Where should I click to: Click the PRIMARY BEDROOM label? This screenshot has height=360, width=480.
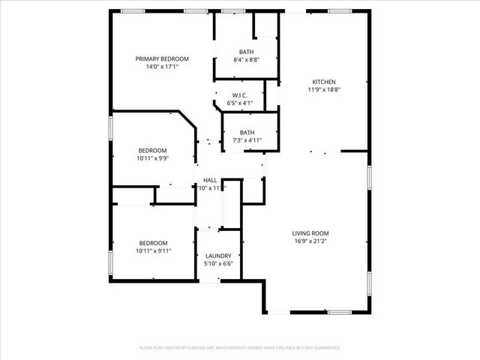(x=162, y=58)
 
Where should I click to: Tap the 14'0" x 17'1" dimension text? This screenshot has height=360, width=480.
(x=162, y=67)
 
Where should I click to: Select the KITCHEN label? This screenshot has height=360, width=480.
(x=324, y=82)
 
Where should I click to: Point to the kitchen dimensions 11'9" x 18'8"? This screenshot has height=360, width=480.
(x=324, y=90)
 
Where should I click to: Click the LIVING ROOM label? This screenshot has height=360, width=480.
(x=310, y=233)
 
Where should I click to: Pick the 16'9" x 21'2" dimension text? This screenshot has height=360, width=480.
(x=310, y=241)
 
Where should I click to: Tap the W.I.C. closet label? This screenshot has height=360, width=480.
(x=240, y=95)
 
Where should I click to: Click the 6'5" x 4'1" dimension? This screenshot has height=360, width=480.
(x=240, y=103)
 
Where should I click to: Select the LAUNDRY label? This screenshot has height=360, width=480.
(x=218, y=256)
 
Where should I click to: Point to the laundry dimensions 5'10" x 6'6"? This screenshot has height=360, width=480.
(x=218, y=264)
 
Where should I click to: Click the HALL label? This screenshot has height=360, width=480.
(x=210, y=180)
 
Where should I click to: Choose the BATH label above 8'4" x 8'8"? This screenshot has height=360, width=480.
(x=246, y=51)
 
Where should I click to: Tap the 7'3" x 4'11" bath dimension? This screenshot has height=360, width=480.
(x=246, y=140)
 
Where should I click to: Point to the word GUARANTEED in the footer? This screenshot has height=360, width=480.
(x=325, y=348)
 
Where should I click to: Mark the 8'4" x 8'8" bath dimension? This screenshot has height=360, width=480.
(x=246, y=59)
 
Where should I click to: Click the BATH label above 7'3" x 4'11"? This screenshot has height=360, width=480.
(x=246, y=132)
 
